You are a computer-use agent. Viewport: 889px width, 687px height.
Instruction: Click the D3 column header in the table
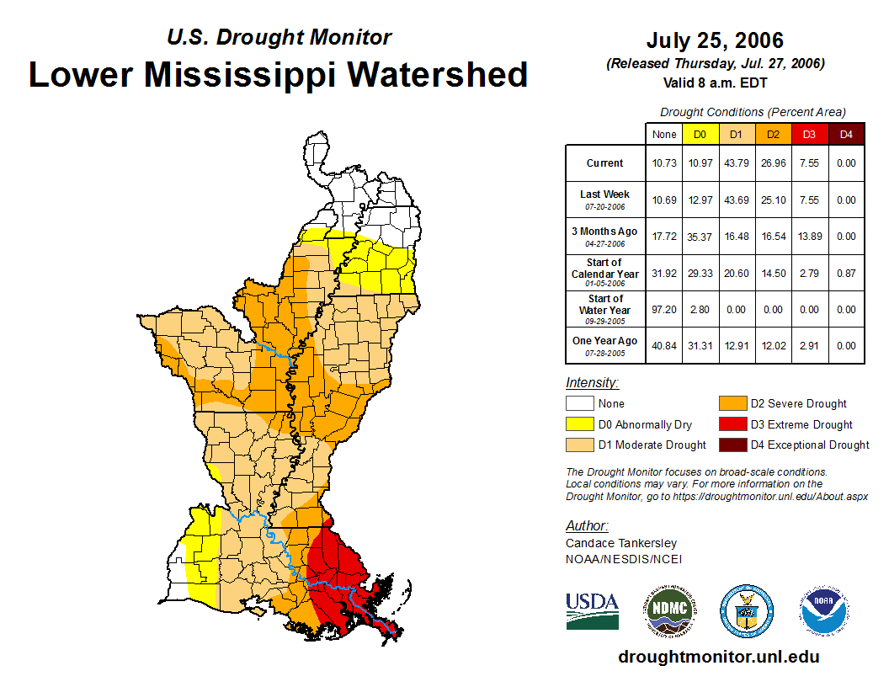tap(809, 134)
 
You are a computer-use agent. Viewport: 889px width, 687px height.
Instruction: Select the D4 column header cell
tap(846, 134)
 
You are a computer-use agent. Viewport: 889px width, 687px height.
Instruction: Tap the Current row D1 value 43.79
tap(737, 163)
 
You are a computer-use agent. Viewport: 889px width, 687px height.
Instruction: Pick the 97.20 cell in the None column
tap(664, 309)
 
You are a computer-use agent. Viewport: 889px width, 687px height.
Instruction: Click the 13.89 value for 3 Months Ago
tap(809, 237)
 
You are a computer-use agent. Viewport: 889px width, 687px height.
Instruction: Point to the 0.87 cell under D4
tap(846, 273)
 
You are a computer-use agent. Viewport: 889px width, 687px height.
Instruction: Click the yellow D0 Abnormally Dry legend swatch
tap(578, 424)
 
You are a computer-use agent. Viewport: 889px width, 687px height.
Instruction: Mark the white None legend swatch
tap(578, 404)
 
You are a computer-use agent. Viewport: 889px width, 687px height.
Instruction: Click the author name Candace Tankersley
tap(620, 543)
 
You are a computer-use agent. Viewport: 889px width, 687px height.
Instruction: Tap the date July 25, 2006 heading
tap(715, 40)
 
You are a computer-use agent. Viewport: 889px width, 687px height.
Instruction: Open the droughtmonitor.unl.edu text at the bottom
tap(718, 657)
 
